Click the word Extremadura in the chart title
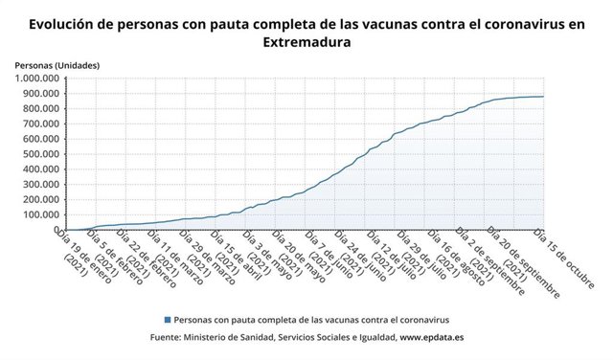click(306, 43)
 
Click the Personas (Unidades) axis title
click(57, 64)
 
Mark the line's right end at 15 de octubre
click(543, 97)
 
